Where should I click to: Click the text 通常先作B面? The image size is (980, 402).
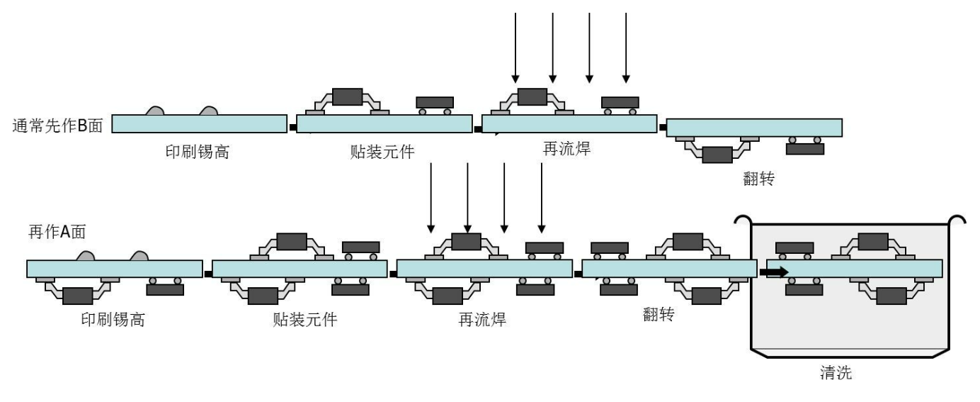click(x=57, y=127)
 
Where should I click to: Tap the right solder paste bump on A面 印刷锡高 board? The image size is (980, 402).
click(x=138, y=255)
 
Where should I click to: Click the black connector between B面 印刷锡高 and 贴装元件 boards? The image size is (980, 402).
click(x=292, y=128)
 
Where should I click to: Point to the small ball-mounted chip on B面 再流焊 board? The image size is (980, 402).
click(x=620, y=102)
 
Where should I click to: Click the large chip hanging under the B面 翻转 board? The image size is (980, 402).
click(x=717, y=154)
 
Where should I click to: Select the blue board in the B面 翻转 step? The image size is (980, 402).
click(x=754, y=128)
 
